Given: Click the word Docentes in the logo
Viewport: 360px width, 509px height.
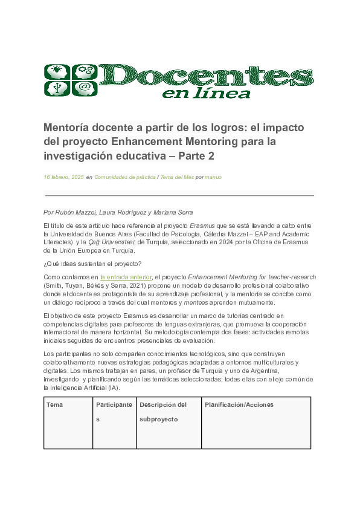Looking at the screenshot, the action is pyautogui.click(x=205, y=75).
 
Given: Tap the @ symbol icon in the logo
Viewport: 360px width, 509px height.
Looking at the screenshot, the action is pyautogui.click(x=85, y=88).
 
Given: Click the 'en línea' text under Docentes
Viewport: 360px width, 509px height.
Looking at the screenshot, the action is pyautogui.click(x=206, y=92).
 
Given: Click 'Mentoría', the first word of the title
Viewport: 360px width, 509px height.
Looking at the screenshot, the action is pyautogui.click(x=66, y=128).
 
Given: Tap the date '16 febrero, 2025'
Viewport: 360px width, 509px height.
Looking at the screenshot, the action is pyautogui.click(x=63, y=178).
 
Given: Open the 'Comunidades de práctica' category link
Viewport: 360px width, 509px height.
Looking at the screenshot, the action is pyautogui.click(x=124, y=178).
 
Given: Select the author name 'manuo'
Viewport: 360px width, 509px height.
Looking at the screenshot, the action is pyautogui.click(x=213, y=178).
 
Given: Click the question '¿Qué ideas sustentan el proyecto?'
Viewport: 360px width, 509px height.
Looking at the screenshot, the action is pyautogui.click(x=92, y=263).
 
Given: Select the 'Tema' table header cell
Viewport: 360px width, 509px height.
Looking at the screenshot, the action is pyautogui.click(x=54, y=404).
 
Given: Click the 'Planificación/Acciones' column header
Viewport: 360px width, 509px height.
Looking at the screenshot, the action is pyautogui.click(x=239, y=404).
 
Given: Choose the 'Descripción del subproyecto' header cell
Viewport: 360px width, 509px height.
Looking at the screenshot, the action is pyautogui.click(x=163, y=412).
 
